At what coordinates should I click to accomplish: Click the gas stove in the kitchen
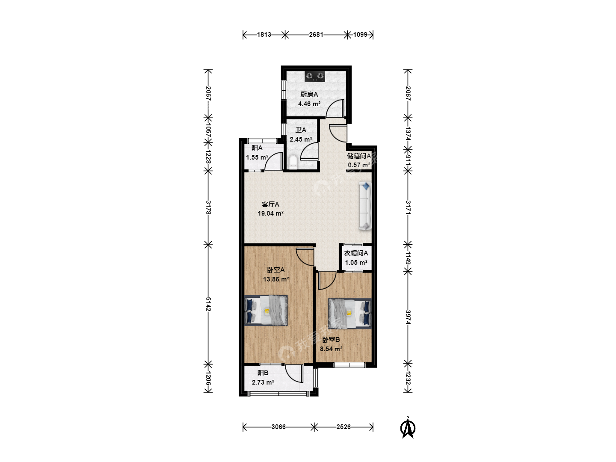tap(315, 77)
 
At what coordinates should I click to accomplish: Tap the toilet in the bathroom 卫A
tap(293, 162)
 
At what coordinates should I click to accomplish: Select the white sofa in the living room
tap(365, 206)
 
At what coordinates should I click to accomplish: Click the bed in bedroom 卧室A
tap(266, 311)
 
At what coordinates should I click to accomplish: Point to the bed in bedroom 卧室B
tap(349, 313)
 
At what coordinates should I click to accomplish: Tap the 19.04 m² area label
tap(270, 213)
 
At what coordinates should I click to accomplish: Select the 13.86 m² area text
tap(276, 279)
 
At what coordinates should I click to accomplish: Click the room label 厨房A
tap(309, 95)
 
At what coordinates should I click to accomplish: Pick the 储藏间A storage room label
tap(359, 156)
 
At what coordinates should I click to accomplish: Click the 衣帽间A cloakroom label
tap(356, 253)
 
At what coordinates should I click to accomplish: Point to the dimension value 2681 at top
tap(316, 35)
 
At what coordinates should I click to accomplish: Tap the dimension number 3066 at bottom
tap(278, 427)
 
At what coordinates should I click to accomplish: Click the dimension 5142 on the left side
tap(208, 304)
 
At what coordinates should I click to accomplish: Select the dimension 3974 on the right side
tap(408, 317)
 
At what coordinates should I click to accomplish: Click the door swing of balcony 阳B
tap(294, 373)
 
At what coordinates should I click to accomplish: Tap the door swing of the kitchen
tap(335, 108)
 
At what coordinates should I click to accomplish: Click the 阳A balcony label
tap(257, 148)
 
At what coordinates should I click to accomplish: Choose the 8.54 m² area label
tap(331, 349)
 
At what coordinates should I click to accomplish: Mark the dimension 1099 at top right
tap(360, 35)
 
